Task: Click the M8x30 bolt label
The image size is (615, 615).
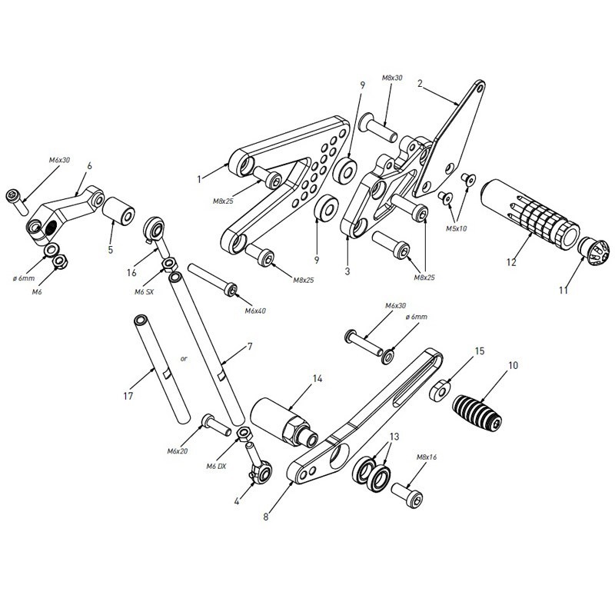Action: (x=392, y=78)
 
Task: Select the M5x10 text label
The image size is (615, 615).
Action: (x=456, y=228)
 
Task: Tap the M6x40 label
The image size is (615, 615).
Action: (x=255, y=311)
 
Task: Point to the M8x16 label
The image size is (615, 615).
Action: (x=427, y=457)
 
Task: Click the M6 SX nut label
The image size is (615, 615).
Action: (x=144, y=292)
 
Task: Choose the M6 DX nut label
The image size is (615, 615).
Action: (x=216, y=467)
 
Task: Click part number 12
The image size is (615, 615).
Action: (x=511, y=262)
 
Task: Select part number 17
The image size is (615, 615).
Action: (x=128, y=396)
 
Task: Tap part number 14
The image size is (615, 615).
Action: (x=317, y=379)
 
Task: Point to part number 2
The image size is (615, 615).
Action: (x=420, y=84)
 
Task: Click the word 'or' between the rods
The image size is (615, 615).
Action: (x=184, y=358)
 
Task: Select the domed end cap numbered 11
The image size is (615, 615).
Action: (x=593, y=251)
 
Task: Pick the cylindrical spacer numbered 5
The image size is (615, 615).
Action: (x=118, y=212)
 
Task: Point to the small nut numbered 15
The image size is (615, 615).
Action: (x=440, y=390)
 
